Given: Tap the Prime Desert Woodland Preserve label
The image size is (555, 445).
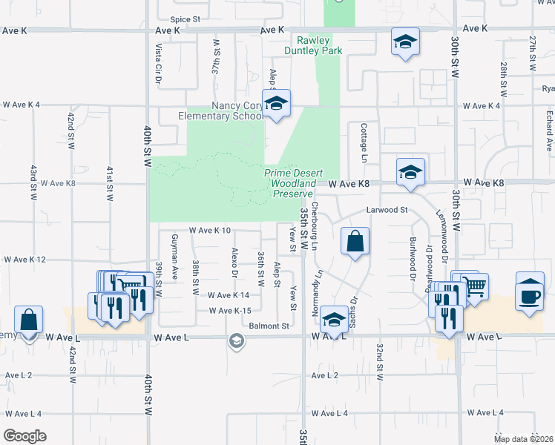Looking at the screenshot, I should (291, 183).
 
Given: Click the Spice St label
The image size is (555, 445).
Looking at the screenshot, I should (185, 19).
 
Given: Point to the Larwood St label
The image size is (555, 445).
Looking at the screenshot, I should (387, 211).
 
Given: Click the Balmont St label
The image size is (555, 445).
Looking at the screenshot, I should (269, 326).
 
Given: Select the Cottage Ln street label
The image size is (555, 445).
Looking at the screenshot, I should (364, 143).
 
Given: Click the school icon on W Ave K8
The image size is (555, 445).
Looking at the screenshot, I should (410, 173).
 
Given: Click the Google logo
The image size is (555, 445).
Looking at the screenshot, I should (24, 436).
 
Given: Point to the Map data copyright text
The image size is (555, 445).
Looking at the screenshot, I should (523, 439).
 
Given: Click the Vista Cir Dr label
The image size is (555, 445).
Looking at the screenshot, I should (158, 62).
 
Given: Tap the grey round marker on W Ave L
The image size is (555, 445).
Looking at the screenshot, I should (237, 342).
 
